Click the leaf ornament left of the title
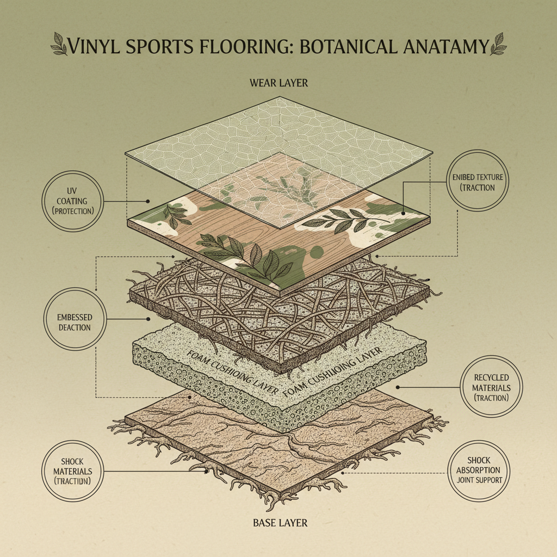60,44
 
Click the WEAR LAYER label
278,83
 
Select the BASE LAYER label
280,523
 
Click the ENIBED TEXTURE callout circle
480,182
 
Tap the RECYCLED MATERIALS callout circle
491,387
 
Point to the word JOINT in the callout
469,480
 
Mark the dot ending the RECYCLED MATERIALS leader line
399,387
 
